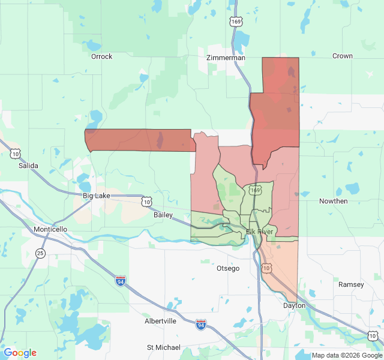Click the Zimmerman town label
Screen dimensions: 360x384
226,58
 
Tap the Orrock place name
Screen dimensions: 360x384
101,56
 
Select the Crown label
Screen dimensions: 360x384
342,56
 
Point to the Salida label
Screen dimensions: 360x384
28,165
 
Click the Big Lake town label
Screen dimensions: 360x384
97,196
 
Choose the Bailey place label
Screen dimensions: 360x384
163,215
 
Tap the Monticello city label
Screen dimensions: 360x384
50,229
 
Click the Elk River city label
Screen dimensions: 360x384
259,232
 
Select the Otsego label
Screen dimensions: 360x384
228,268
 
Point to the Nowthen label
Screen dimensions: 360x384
333,201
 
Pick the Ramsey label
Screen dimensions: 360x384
351,284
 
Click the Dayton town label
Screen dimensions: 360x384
294,305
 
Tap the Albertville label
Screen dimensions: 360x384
160,321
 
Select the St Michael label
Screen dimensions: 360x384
163,347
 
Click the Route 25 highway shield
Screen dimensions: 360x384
40,253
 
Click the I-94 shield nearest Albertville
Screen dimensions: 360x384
201,325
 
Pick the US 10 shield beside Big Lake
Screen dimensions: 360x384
146,202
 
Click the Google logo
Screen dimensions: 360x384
20,353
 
